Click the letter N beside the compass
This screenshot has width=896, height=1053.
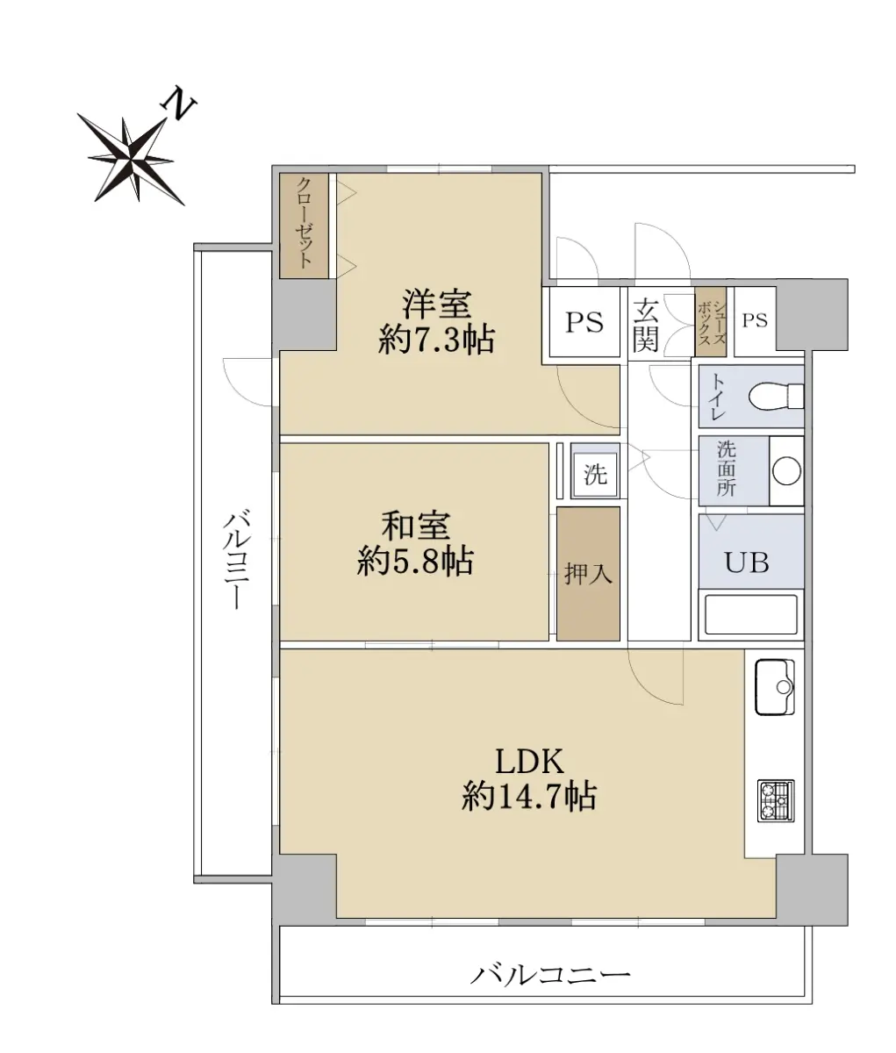179,105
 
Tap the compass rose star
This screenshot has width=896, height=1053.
131,159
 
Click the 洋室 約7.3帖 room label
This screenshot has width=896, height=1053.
436,322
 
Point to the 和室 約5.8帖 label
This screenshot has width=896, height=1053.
415,544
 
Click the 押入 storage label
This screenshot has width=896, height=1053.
588,574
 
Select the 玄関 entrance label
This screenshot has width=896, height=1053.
645,325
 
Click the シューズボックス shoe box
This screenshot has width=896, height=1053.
711,321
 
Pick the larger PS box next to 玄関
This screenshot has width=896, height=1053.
584,322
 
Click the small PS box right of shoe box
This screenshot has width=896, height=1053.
755,320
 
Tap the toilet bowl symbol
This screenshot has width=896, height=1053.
776,396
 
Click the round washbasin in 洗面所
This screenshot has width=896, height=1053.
786,470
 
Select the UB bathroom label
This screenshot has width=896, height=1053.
747,563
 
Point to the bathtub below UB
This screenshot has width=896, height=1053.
751,615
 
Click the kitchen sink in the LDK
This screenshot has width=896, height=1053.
774,687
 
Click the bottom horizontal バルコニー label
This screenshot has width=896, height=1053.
550,976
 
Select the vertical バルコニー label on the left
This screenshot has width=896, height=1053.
235,560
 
